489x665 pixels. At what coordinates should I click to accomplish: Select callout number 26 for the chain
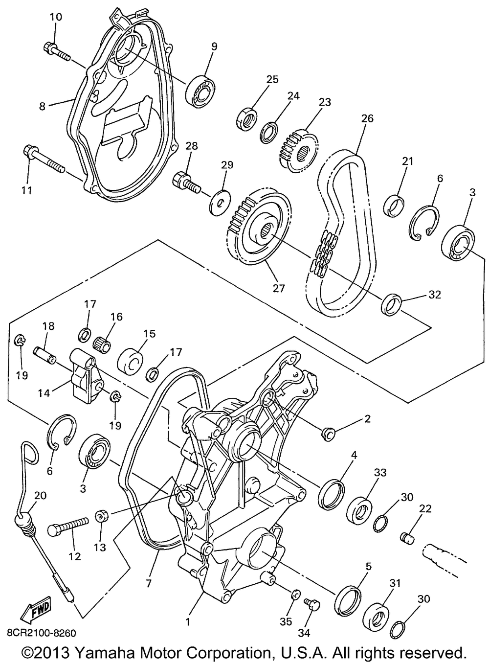tap(367, 118)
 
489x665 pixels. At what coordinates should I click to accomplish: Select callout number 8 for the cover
tap(43, 105)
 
